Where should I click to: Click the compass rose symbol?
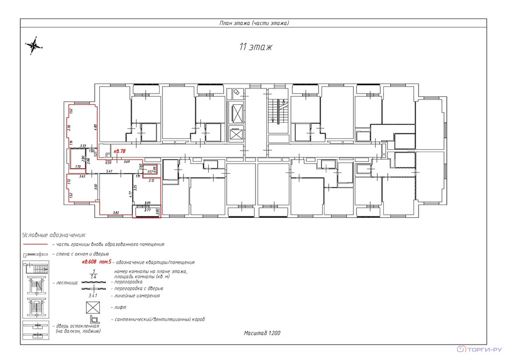pos(34,46)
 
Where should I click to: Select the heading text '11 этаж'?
pos(255,47)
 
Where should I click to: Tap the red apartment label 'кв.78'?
pos(119,151)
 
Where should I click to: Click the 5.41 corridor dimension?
pos(109,172)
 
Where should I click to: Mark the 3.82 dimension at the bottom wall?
pos(116,212)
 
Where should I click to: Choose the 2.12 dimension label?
pos(152,180)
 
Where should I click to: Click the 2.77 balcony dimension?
pos(147,210)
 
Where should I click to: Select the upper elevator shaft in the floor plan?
pos(236,113)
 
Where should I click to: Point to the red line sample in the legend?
pos(35,244)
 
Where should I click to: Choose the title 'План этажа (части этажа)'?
pos(254,23)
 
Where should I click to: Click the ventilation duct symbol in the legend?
pos(93,319)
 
